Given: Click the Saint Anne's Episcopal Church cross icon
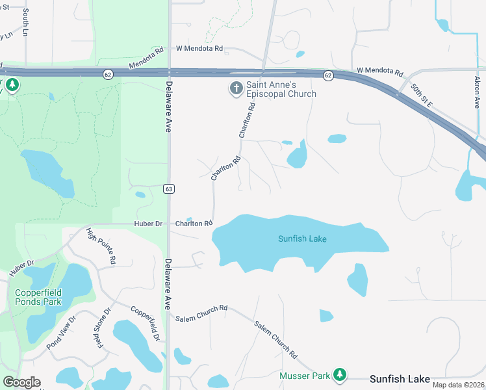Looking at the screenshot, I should [x=235, y=88].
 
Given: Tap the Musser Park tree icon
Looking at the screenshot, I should [x=339, y=374].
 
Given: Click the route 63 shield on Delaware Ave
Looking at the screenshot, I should [x=170, y=188].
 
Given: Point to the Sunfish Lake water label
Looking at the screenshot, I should [x=302, y=239].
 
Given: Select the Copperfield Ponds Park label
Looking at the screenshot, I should [x=39, y=297].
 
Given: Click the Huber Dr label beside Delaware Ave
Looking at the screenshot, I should [x=148, y=224].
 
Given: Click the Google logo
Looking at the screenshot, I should [x=21, y=382].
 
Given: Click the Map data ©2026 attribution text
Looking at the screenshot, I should [x=459, y=385].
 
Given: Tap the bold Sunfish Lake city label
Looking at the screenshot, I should [x=400, y=378].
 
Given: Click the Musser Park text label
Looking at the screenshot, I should [x=305, y=376].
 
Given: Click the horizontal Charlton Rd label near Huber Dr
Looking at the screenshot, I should [x=194, y=224].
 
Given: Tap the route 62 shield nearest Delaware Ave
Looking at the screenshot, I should [x=108, y=75].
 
